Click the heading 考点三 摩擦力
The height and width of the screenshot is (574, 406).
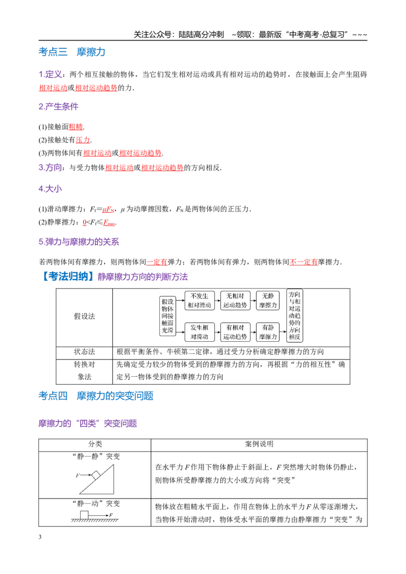[x=72, y=52]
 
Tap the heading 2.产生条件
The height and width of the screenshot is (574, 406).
[x=58, y=106]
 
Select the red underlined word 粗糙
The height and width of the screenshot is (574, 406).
[x=76, y=127]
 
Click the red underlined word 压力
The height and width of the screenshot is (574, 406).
[x=83, y=140]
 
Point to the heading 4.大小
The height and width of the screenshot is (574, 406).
[x=50, y=189]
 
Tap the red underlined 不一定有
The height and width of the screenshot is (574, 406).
[x=304, y=262]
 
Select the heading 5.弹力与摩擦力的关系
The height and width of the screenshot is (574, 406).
[x=79, y=242]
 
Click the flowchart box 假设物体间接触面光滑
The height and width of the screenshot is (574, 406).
[x=167, y=315]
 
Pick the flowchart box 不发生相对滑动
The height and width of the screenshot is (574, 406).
[x=199, y=301]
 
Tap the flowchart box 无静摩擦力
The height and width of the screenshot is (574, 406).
[x=268, y=301]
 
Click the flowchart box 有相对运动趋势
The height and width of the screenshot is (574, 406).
[x=235, y=332]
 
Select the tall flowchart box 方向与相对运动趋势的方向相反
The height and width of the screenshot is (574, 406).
[x=294, y=315]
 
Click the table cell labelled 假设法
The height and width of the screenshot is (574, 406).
[x=84, y=316]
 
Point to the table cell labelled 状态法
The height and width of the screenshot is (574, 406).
[x=84, y=352]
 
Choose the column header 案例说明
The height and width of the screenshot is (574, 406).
[x=259, y=444]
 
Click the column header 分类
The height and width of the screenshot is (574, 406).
[x=95, y=444]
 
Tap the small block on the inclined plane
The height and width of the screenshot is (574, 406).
[x=96, y=475]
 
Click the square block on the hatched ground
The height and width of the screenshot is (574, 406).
[x=84, y=515]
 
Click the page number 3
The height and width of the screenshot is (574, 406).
[x=40, y=537]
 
